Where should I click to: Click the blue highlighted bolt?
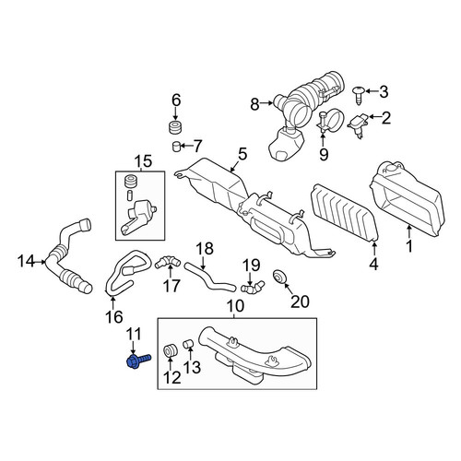138,361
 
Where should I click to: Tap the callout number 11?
134,335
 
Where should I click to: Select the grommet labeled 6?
175,128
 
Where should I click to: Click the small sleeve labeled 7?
175,147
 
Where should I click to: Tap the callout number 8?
254,104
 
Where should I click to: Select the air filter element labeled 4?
344,214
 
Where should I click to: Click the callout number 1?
409,246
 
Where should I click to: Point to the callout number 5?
242,154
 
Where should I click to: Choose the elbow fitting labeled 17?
168,262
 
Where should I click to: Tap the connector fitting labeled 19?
252,286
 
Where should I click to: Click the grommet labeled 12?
170,351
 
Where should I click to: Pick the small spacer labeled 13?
188,344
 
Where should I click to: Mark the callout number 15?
143,161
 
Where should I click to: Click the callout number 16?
114,316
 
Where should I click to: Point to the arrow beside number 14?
41,262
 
